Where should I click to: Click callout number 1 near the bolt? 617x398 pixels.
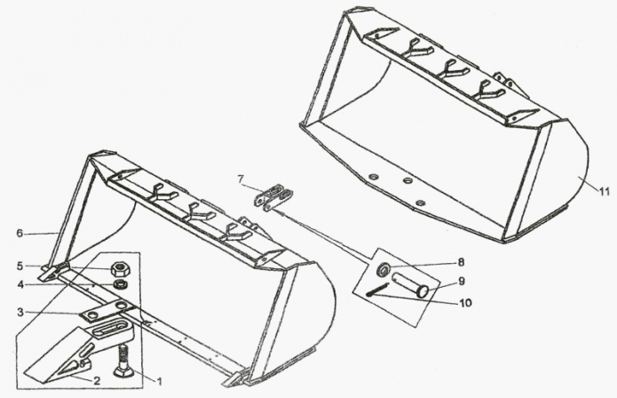click(x=160, y=381)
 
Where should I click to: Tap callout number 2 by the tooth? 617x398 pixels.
click(x=97, y=381)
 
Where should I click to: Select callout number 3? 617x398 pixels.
click(x=20, y=313)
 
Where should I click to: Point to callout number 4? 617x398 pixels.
click(x=20, y=283)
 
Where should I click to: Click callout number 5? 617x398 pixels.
click(x=20, y=267)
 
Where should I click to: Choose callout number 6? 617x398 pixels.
click(x=20, y=233)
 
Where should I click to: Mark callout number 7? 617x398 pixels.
click(x=241, y=179)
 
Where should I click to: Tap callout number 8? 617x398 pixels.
click(x=461, y=262)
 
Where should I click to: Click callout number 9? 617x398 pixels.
click(x=461, y=281)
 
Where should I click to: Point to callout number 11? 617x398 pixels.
click(x=605, y=192)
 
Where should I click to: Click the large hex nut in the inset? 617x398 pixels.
click(x=120, y=269)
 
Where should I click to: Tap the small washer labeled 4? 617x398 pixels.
click(x=120, y=283)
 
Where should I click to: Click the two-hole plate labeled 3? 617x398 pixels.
click(x=107, y=310)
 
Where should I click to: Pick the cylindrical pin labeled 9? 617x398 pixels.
click(x=409, y=285)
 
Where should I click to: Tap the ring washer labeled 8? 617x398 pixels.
click(x=383, y=269)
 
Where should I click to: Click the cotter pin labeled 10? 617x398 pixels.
click(x=377, y=291)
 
